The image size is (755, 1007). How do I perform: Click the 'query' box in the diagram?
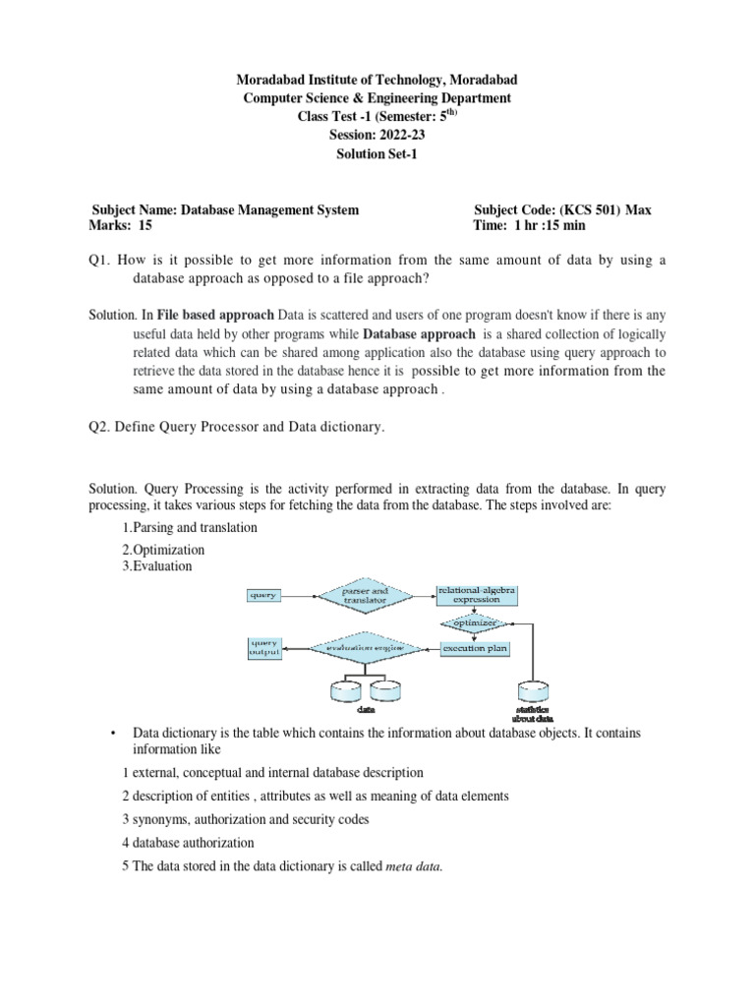262,595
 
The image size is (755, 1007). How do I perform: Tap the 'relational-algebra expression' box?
476,594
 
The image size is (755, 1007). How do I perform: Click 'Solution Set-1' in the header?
378,154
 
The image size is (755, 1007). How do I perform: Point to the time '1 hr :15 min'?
547,225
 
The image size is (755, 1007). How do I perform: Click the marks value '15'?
145,225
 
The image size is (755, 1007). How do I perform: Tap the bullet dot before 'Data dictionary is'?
114,734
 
